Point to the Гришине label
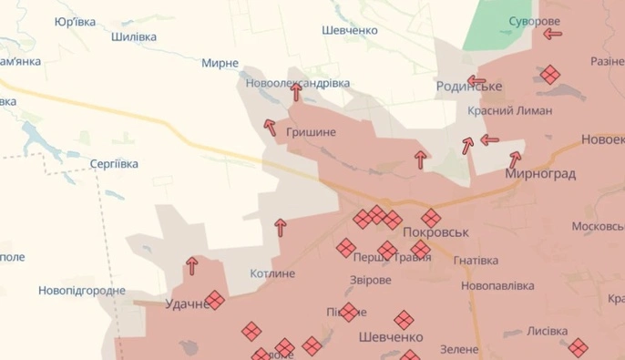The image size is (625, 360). click(311, 132)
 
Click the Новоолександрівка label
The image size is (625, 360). click(298, 83)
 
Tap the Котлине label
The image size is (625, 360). click(273, 273)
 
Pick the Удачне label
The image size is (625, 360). click(187, 304)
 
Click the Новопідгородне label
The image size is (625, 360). click(82, 291)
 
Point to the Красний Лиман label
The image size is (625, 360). click(509, 111)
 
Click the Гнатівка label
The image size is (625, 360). click(475, 260)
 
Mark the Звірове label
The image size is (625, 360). click(371, 280)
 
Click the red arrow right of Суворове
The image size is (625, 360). click(552, 35)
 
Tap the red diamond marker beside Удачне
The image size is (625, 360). click(215, 300)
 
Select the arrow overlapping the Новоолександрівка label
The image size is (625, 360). click(296, 90)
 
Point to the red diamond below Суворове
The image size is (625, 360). click(549, 74)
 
